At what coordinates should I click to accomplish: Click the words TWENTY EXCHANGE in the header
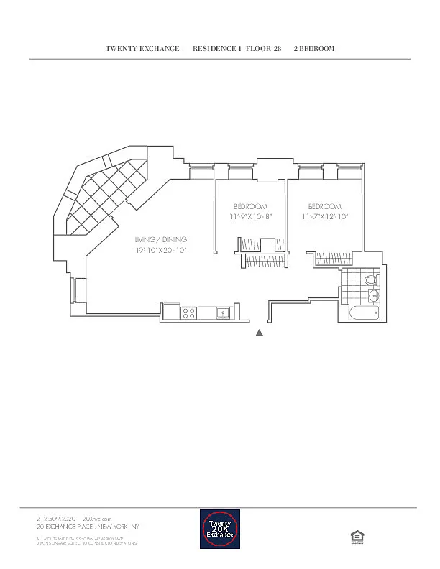[142, 48]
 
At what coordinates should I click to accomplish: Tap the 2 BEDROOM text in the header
[314, 48]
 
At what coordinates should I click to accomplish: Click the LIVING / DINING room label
[162, 239]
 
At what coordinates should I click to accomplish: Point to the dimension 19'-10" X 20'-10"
[162, 251]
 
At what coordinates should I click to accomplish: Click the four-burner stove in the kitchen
[188, 313]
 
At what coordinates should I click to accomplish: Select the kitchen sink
[223, 313]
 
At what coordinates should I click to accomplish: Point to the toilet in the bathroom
[372, 280]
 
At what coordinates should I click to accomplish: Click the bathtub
[363, 313]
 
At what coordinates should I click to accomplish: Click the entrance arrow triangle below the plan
[260, 333]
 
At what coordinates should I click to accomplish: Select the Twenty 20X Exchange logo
[219, 529]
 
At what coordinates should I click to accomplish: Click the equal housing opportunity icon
[354, 535]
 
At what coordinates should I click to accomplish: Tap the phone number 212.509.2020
[56, 518]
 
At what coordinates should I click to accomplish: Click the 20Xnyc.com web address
[97, 518]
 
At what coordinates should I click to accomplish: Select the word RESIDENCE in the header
[216, 48]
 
